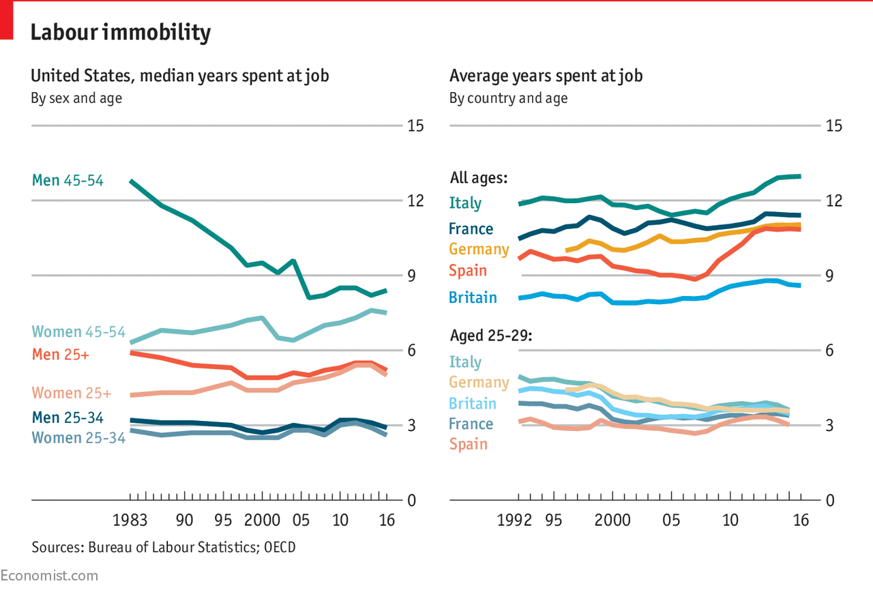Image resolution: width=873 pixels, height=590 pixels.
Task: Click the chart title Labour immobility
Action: [121, 32]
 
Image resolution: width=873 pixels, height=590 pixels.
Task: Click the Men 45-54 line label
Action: [68, 181]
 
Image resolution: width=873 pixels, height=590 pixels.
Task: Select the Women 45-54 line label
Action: [79, 332]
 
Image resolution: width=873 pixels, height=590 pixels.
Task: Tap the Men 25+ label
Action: [61, 355]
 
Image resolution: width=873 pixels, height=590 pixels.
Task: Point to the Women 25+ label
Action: [72, 394]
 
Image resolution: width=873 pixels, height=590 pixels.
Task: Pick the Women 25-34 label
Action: [79, 438]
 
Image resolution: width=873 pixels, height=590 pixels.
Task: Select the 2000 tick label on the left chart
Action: [262, 520]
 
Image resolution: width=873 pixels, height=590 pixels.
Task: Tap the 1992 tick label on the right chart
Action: [514, 520]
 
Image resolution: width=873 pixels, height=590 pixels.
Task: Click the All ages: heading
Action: [479, 179]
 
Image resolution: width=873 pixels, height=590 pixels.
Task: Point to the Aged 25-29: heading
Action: [491, 336]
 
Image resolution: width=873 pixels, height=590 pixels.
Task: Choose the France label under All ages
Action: [471, 228]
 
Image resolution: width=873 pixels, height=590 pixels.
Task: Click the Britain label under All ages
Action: [473, 297]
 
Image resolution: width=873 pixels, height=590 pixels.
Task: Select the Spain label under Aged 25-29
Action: [468, 444]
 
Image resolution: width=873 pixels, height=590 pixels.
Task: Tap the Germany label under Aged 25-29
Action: [479, 382]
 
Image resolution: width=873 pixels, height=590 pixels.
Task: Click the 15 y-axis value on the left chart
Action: [415, 126]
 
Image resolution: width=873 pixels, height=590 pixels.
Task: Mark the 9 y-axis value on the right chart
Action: [829, 276]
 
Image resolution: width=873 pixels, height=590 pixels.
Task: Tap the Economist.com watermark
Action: [49, 576]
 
